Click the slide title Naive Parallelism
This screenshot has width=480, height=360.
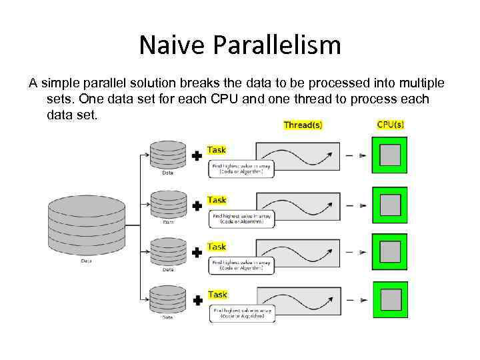coord(240,45)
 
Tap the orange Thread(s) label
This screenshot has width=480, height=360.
coord(303,125)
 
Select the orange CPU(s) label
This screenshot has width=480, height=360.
coord(390,124)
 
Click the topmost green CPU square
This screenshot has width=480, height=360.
coord(390,155)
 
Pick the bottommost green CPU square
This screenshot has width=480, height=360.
coord(390,299)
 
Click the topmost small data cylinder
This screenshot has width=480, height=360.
coord(169,155)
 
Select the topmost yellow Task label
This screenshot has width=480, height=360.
coord(217,150)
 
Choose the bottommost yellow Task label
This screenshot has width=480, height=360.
coord(217,294)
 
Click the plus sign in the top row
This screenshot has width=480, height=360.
coord(197,156)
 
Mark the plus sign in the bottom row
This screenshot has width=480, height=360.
coord(197,301)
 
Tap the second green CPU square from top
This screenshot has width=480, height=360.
coord(390,205)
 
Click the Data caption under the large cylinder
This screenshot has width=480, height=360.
coord(87,261)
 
